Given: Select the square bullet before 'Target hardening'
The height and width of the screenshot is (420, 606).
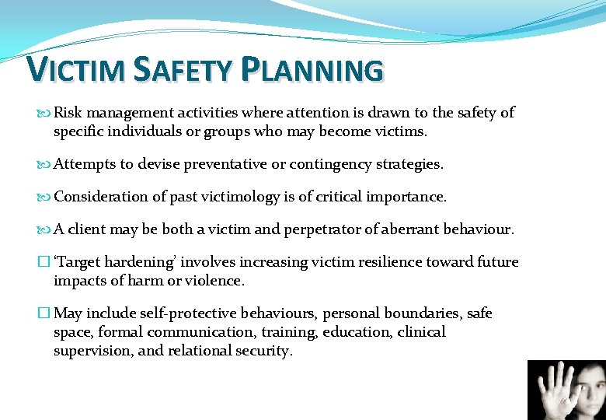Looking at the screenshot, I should coord(44,263).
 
